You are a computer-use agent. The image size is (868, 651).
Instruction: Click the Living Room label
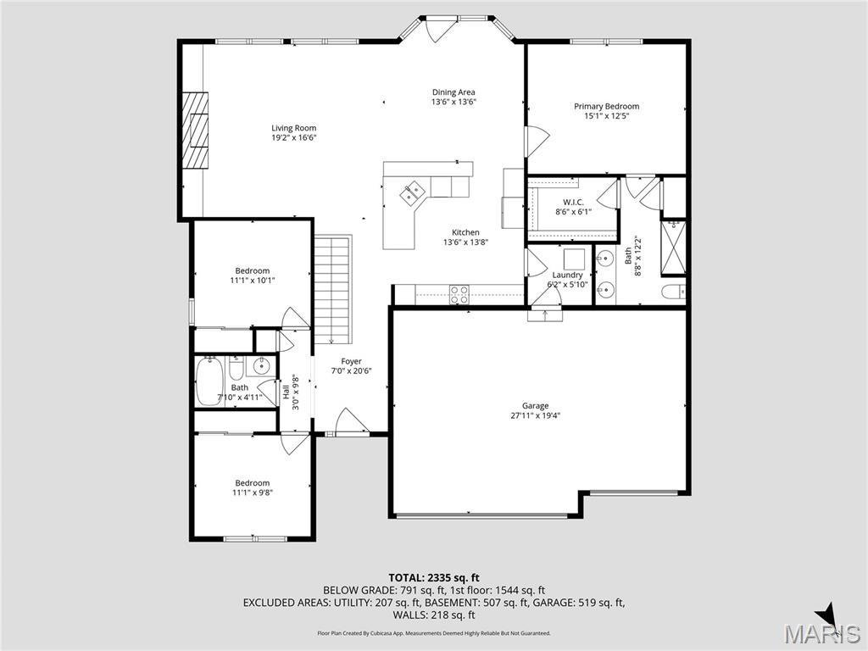(x=293, y=128)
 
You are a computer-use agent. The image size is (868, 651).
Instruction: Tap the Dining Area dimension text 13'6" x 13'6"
(x=453, y=102)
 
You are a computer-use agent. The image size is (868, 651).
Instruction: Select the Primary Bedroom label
(x=606, y=106)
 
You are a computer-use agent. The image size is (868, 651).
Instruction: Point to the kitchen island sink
(x=412, y=193)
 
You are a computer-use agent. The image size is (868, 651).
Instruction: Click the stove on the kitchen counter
(x=459, y=294)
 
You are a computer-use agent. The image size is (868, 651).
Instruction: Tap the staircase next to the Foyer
(x=332, y=284)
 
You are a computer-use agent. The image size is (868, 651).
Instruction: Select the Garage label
(x=535, y=405)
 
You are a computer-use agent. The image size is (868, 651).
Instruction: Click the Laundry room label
(x=567, y=275)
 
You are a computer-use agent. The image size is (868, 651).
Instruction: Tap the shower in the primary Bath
(x=675, y=243)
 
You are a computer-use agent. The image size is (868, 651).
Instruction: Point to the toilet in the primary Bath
(x=674, y=293)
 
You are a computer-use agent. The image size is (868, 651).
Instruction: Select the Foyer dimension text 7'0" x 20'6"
(x=351, y=370)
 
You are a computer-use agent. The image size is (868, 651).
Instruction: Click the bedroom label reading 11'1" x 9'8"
(x=253, y=492)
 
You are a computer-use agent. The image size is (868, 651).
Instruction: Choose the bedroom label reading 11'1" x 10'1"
(x=253, y=280)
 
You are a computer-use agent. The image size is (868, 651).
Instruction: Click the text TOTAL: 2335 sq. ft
(x=433, y=577)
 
